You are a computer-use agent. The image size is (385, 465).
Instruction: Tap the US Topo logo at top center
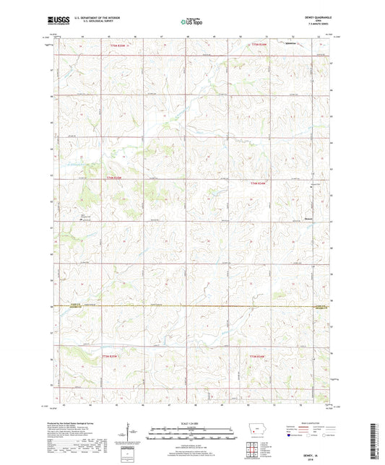pyautogui.click(x=191, y=22)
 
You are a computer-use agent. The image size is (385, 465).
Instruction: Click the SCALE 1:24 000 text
pyautogui.click(x=191, y=422)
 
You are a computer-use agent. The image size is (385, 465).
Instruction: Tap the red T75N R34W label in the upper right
pyautogui.click(x=259, y=45)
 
